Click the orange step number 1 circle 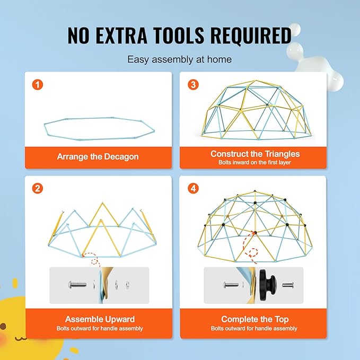click(x=38, y=84)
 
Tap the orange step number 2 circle click(x=38, y=189)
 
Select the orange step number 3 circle click(x=193, y=84)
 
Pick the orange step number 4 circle click(x=193, y=189)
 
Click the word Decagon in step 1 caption click(x=121, y=157)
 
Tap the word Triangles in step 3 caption click(x=282, y=154)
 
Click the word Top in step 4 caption click(x=282, y=319)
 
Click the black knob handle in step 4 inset click(x=268, y=285)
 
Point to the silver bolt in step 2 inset click(x=77, y=285)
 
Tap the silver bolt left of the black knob click(x=232, y=285)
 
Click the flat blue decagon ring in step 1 click(x=100, y=139)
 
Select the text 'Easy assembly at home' click(x=180, y=59)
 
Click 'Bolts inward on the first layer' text click(x=254, y=163)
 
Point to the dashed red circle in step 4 click(x=253, y=253)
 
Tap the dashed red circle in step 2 click(x=94, y=261)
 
